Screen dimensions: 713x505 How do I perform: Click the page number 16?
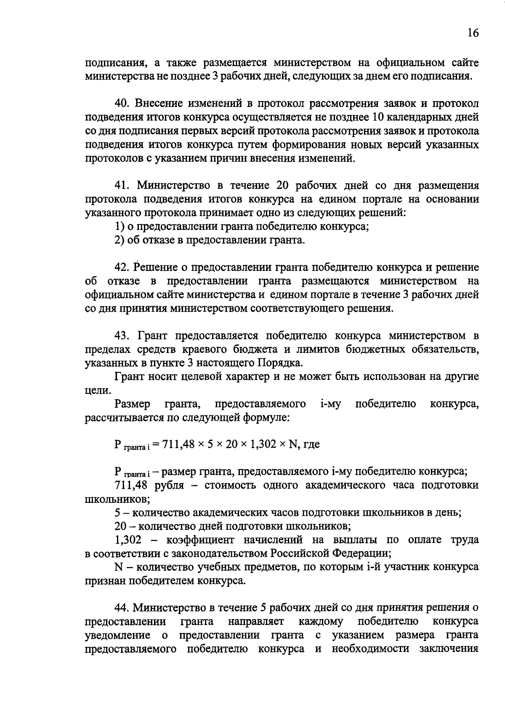tap(473, 33)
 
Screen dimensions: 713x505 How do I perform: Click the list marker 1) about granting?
tap(119, 227)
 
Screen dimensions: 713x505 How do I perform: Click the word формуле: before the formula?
tap(266, 418)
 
